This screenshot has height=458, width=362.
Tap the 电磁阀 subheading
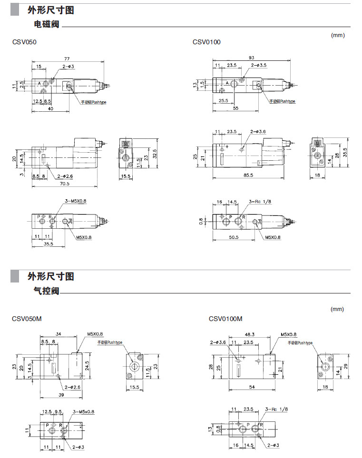47,24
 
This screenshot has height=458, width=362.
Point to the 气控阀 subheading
47,291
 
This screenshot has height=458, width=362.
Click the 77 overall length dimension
67,56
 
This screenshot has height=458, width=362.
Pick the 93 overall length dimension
251,58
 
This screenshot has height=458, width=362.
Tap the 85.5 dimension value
248,175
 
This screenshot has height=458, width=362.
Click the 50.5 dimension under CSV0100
233,237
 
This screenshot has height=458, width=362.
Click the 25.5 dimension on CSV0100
223,101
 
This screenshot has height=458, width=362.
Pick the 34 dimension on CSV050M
58,334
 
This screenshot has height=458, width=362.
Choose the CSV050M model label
27,319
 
